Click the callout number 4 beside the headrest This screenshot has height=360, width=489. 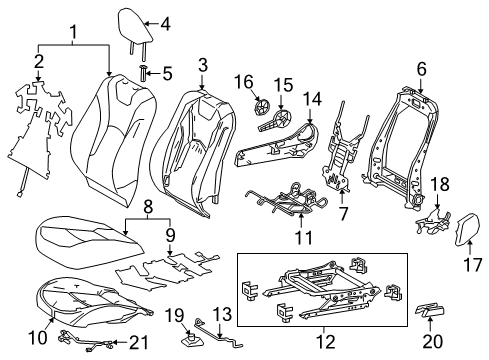click(165, 22)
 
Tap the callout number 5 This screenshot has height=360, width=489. click(166, 73)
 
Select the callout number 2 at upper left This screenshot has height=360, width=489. click(39, 64)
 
